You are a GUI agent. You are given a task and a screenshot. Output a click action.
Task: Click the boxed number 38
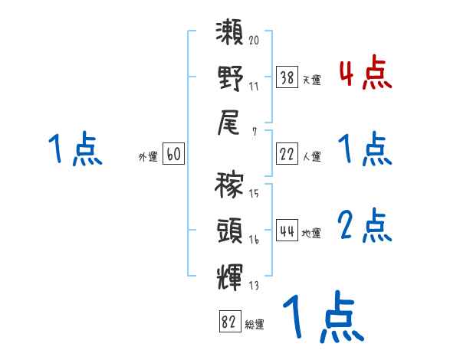[287, 77]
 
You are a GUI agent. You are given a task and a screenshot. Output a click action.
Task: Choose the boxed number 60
[173, 155]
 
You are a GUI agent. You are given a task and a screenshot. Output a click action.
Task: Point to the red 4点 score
[365, 74]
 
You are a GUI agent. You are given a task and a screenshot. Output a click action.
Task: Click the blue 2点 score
[365, 227]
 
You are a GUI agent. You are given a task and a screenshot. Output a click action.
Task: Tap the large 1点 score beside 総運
[323, 318]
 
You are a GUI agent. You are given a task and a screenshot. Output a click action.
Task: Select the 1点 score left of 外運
[75, 149]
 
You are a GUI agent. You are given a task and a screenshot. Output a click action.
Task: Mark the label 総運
[255, 325]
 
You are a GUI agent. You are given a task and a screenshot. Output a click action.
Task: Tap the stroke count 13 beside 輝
[254, 286]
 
